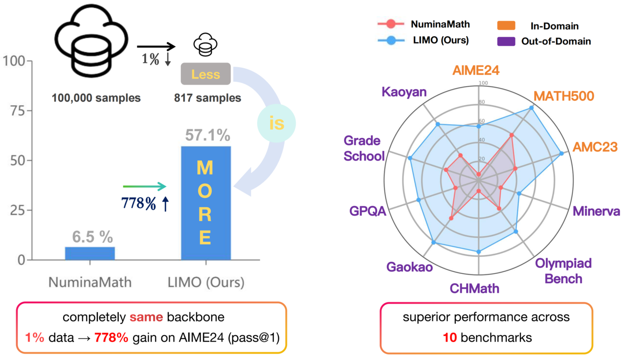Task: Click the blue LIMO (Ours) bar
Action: click(x=206, y=203)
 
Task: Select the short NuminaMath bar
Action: click(x=90, y=253)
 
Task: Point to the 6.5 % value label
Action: click(x=93, y=237)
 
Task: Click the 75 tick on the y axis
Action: click(x=19, y=111)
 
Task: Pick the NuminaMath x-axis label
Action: click(x=90, y=283)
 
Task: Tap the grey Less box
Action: click(x=205, y=75)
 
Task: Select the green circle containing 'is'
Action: click(x=276, y=123)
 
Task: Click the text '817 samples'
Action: click(x=207, y=98)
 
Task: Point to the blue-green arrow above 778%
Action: click(x=145, y=186)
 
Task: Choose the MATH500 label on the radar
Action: click(x=563, y=96)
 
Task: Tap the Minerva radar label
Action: click(x=596, y=211)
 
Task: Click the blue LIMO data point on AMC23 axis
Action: click(x=561, y=154)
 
